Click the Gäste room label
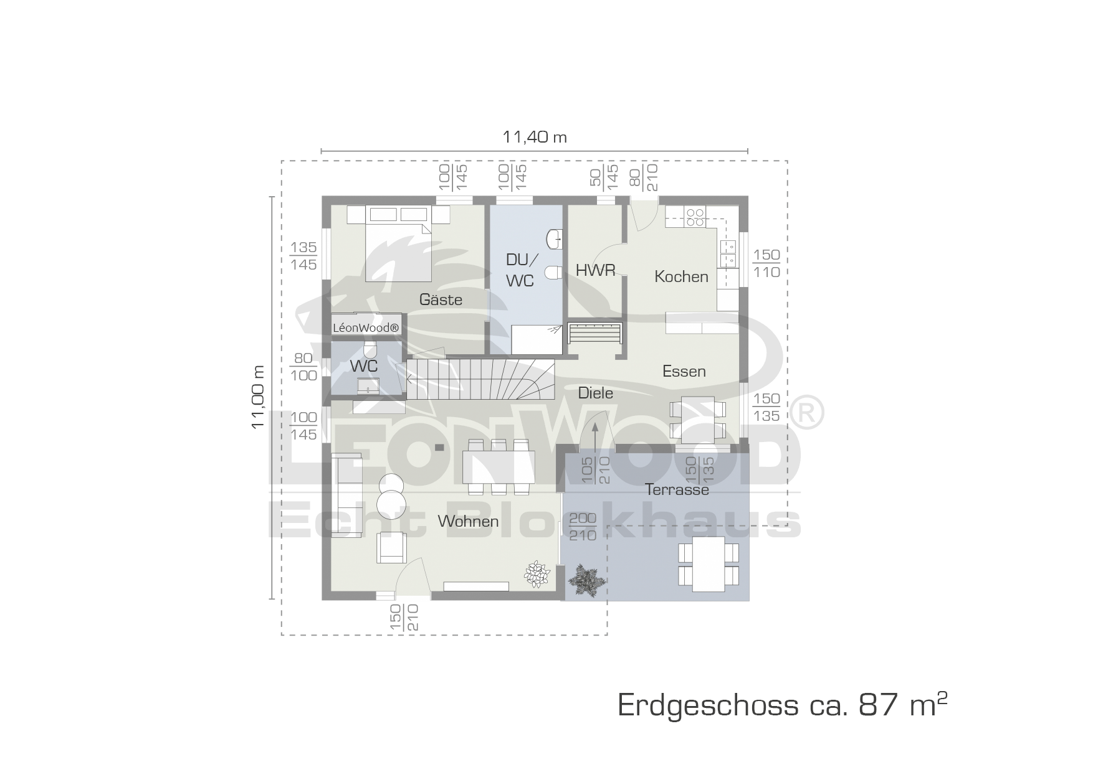(x=441, y=299)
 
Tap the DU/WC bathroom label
(x=520, y=270)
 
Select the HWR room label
(x=595, y=270)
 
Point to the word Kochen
(x=681, y=276)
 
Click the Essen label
(x=684, y=371)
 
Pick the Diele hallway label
(x=595, y=393)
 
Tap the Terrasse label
(x=677, y=489)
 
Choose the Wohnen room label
(x=468, y=521)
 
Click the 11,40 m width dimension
(x=535, y=137)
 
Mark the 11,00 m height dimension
(x=258, y=397)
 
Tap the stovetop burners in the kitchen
(x=695, y=217)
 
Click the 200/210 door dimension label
(x=583, y=527)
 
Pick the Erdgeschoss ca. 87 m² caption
(x=783, y=705)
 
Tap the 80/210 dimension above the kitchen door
(x=644, y=177)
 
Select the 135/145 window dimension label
(x=303, y=256)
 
